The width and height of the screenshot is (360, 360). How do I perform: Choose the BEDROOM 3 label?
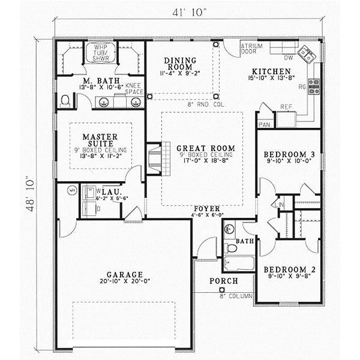(x=286, y=154)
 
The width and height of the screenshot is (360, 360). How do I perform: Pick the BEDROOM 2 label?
(x=286, y=269)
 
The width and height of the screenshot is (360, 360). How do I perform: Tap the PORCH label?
(x=223, y=281)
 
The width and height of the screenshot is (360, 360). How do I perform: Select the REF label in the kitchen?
(x=286, y=107)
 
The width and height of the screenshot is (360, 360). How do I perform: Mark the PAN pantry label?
(x=264, y=125)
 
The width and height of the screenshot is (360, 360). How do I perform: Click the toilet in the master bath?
(x=65, y=101)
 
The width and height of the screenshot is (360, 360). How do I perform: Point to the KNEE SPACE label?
(x=134, y=88)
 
